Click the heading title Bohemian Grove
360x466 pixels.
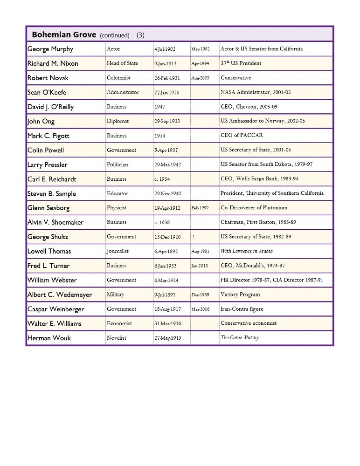pos(64,34)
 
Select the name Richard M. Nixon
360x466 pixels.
pos(53,63)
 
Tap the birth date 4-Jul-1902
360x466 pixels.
pos(165,49)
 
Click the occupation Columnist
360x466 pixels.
pos(118,78)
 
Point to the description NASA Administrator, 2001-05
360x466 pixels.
pos(256,92)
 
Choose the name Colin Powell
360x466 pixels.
pos(46,150)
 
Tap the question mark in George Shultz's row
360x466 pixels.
pos(194,237)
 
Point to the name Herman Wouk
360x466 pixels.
pos(49,338)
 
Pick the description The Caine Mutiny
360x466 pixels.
pos(240,338)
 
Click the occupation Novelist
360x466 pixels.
pos(117,338)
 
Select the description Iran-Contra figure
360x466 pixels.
pos(242,309)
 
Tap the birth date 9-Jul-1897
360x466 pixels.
pos(165,295)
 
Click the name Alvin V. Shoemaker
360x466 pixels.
pos(55,222)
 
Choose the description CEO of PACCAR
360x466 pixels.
pos(242,136)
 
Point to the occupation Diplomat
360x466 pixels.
pos(118,121)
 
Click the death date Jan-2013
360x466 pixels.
pos(200,266)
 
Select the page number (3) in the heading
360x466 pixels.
pos(140,35)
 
